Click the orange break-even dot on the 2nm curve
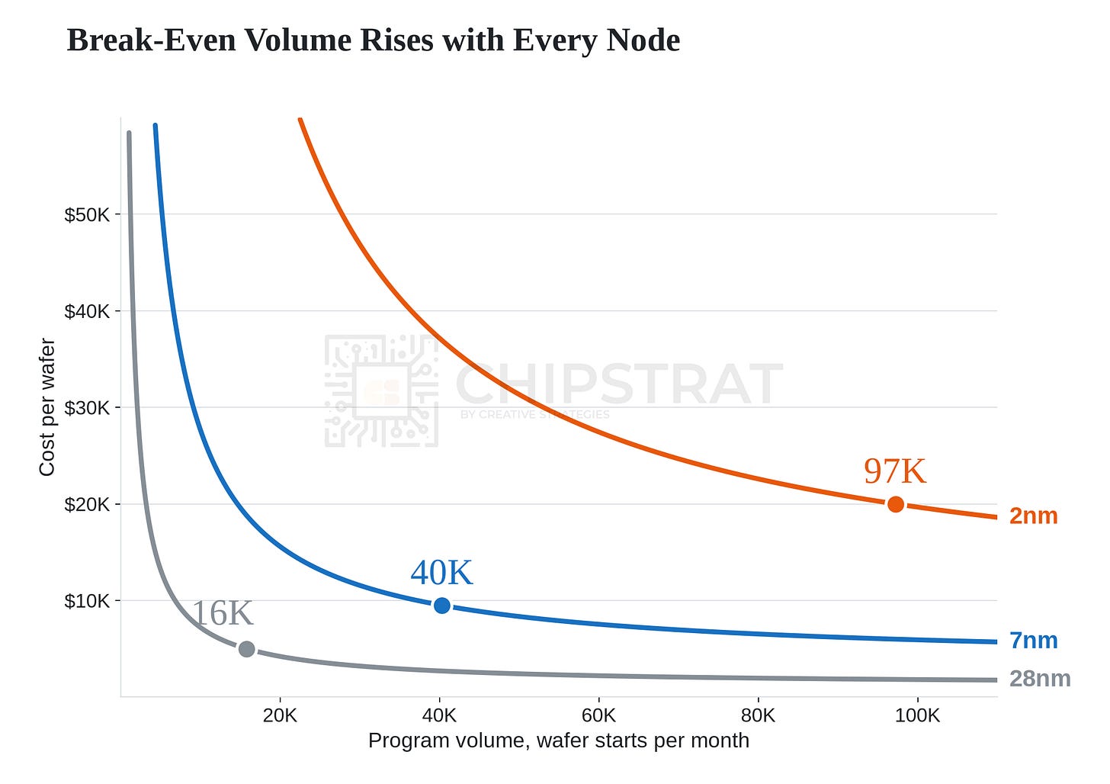896,505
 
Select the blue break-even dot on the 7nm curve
441,605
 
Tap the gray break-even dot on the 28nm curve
247,649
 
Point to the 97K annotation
894,471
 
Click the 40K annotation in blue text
441,573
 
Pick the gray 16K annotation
223,613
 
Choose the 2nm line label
1033,516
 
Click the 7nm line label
1033,641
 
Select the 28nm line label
1040,679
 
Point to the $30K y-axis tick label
86,408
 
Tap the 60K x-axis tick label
598,715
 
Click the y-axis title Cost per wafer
47,406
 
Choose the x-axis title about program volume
559,741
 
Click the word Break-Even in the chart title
151,40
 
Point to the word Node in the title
643,40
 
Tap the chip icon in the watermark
381,390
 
